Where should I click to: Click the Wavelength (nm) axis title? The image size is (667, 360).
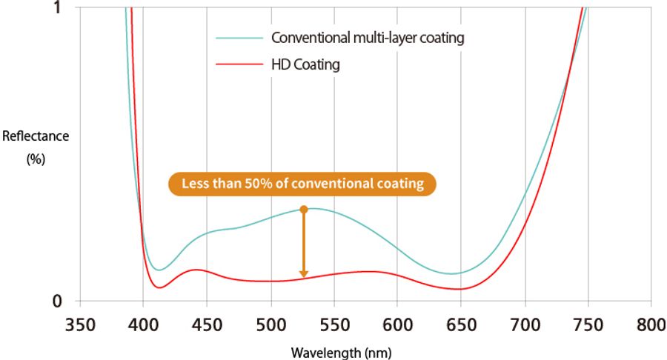click(x=341, y=353)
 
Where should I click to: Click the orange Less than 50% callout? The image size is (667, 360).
click(x=302, y=184)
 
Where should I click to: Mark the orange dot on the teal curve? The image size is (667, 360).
click(x=303, y=210)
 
